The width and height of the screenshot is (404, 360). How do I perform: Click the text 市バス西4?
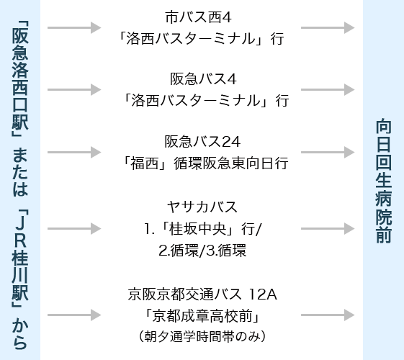pos(198,17)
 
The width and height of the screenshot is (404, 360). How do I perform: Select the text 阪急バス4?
pos(203,78)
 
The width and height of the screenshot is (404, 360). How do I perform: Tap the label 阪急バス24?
pos(202,141)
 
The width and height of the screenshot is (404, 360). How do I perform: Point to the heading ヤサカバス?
pos(202,207)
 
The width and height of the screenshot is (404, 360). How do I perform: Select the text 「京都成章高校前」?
pos(202,315)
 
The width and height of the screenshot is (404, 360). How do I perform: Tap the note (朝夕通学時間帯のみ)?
pos(202,336)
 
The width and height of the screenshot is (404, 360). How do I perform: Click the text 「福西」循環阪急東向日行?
pos(205,163)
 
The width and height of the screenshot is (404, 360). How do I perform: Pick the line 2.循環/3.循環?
pos(202,251)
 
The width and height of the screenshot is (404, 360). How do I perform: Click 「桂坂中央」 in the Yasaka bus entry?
pos(198,229)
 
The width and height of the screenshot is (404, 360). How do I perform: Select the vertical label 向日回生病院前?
pos(384,181)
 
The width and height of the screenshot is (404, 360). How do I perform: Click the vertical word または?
pos(20,172)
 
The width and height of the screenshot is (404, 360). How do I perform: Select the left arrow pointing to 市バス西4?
pos(74,27)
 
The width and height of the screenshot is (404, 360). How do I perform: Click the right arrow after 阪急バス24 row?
pos(328,152)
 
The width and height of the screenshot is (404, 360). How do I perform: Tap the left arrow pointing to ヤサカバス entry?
pos(74,229)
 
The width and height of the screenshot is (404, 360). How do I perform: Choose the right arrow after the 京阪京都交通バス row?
pos(328,315)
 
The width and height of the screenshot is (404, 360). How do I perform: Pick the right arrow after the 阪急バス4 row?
pos(328,89)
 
